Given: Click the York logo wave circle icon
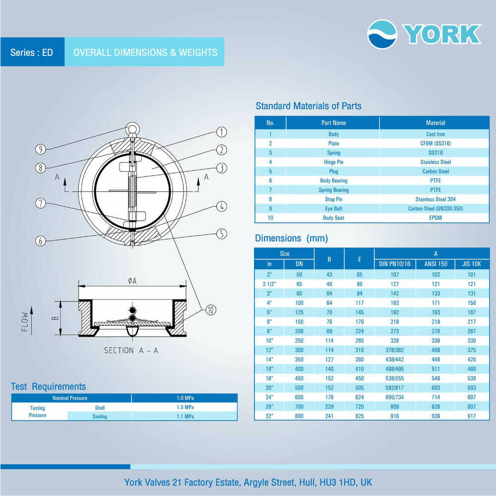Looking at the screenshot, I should [382, 34].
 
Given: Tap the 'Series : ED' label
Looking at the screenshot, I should [32, 52].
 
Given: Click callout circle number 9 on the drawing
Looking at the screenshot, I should [41, 148].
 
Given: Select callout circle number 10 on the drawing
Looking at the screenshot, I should [210, 310].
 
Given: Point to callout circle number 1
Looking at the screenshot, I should [221, 132].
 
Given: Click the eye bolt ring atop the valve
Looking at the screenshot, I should [132, 129].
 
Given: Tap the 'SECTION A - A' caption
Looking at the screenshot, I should [131, 350].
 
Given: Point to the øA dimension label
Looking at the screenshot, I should [132, 281].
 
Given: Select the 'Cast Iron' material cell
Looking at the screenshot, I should [435, 134].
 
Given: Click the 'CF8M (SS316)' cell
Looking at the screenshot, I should [435, 143].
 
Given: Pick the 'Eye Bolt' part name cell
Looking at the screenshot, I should [333, 209].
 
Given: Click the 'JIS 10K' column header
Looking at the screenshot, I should [471, 264].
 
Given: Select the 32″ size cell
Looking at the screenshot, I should [269, 416].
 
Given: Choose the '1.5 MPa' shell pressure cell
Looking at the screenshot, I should [185, 407].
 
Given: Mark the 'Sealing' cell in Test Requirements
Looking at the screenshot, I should [99, 417].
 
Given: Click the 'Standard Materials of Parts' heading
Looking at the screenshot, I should [308, 106].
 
